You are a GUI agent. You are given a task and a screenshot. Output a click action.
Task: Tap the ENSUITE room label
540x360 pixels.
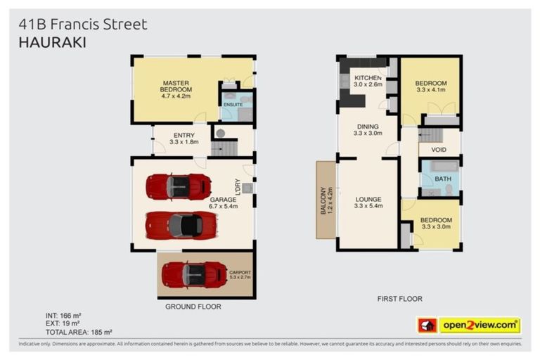point(233,105)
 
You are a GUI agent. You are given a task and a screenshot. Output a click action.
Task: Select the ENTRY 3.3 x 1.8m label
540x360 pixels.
point(184,138)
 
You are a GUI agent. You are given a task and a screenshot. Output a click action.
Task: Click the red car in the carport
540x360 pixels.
point(194,274)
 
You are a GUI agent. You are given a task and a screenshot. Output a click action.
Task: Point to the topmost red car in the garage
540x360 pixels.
point(179,187)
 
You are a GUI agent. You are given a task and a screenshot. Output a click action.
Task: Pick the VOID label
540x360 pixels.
point(438,150)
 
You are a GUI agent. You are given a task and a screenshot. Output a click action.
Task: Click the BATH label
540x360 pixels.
point(443,179)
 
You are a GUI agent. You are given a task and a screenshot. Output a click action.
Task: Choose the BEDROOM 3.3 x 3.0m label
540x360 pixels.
point(437,224)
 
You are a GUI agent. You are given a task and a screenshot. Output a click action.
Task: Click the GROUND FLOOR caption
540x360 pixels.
point(193,307)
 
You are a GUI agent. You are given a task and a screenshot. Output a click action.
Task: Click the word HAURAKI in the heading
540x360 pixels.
point(52,42)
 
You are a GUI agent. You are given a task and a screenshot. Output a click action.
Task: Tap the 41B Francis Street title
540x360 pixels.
point(83,25)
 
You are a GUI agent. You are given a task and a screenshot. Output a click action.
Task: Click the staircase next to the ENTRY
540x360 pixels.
point(224,148)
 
